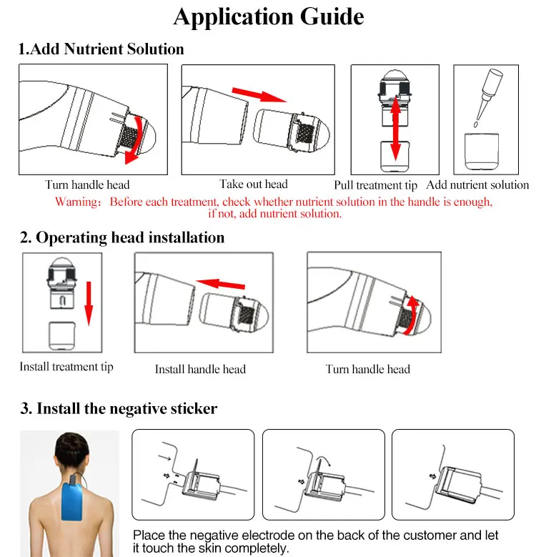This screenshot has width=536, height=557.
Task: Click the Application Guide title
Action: pos(268,16)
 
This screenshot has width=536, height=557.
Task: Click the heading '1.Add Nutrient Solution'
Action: pos(101,49)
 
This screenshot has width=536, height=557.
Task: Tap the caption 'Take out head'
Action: pos(254,184)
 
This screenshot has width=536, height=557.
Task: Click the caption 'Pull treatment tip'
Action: pos(395,185)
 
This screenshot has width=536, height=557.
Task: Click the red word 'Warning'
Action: pos(76,202)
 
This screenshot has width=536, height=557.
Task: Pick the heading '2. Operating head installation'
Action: pos(121,237)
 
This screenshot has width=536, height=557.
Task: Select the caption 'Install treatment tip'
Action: pos(66,368)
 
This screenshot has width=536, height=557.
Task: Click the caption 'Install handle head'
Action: pos(200,369)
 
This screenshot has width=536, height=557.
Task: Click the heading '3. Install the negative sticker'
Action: pos(118,409)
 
